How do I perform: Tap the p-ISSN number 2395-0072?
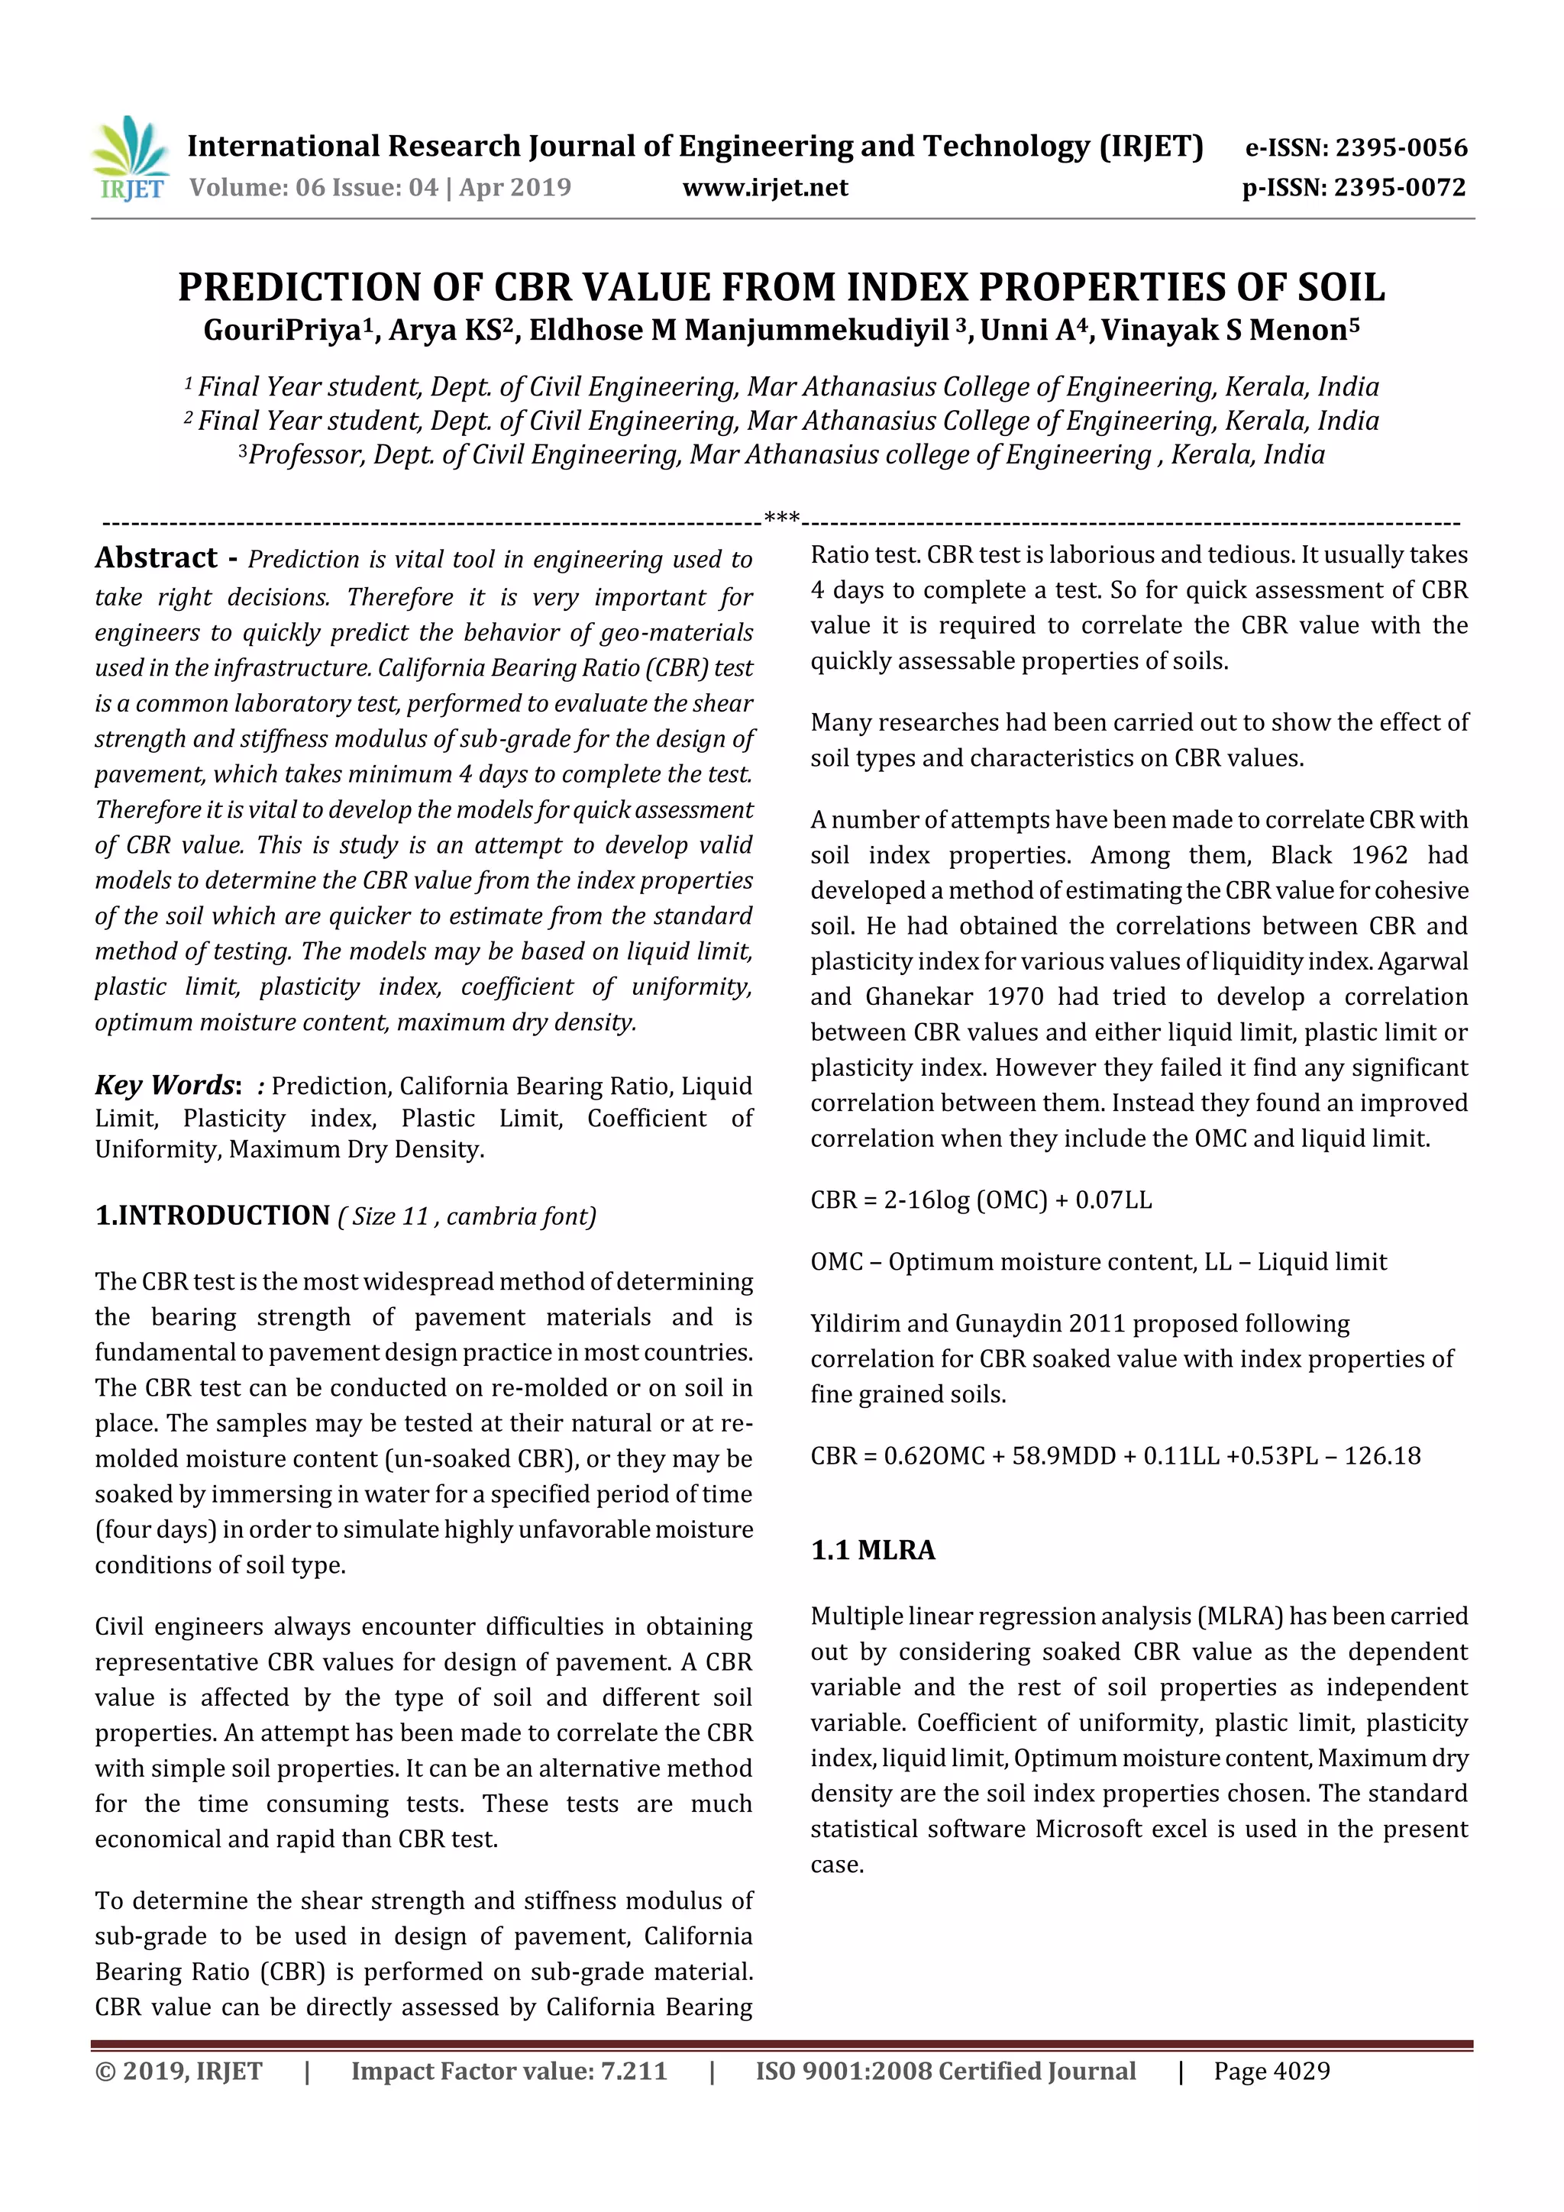1399,187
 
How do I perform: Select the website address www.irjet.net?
764,187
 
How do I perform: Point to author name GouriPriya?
281,331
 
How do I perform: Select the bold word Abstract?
156,558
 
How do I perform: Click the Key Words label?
165,1085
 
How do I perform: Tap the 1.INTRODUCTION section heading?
212,1215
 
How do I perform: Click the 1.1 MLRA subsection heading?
872,1550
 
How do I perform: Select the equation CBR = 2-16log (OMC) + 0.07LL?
980,1200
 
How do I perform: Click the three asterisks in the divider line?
780,518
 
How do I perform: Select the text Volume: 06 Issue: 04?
313,187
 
